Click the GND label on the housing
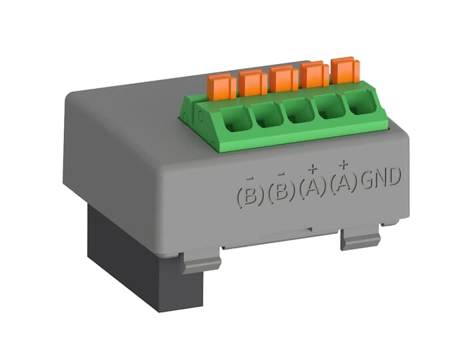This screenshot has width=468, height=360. point(381,178)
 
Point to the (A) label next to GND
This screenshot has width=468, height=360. point(343,183)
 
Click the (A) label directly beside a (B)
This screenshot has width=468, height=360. point(312,188)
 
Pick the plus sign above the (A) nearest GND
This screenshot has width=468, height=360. point(343,164)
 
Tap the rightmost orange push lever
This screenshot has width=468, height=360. point(345,71)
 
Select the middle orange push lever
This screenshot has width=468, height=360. point(284,79)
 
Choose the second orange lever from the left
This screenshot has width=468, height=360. point(253,83)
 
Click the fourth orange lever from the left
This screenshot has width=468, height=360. point(314,75)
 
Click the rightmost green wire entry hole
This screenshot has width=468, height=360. point(359,103)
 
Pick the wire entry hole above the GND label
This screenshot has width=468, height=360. point(359,103)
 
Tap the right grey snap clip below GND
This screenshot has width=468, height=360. point(360,237)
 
